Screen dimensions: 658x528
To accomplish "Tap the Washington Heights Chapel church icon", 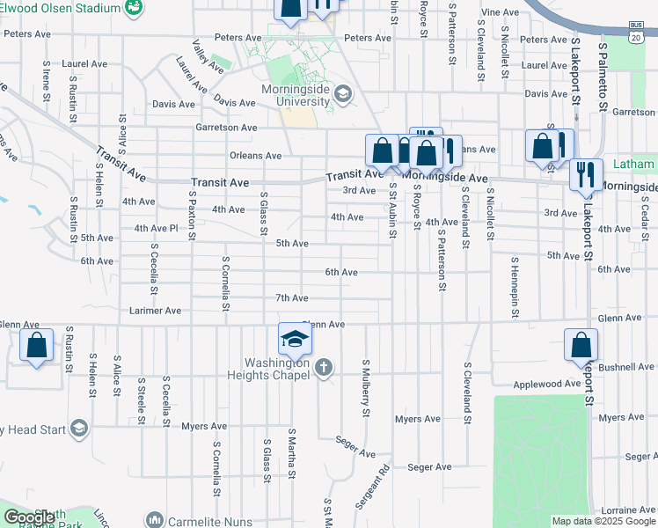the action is click(324, 367).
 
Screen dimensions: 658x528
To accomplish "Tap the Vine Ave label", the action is click(501, 12).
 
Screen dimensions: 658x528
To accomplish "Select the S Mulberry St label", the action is click(364, 388).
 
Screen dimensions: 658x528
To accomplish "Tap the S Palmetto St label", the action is click(603, 71).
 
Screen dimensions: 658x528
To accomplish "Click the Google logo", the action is click(29, 518).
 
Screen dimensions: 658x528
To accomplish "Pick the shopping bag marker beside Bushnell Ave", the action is click(581, 347).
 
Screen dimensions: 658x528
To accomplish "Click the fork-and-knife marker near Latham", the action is click(585, 175).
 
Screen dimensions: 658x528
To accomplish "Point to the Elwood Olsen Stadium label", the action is click(62, 8).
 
